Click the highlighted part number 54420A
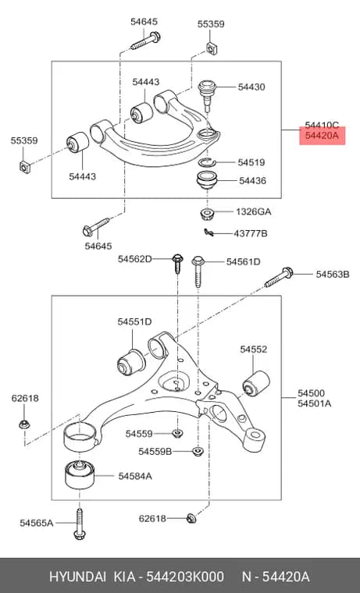click(x=322, y=135)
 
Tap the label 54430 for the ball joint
click(x=251, y=87)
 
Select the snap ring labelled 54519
click(x=207, y=162)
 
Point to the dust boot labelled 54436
click(x=207, y=181)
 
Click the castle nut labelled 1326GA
click(x=207, y=213)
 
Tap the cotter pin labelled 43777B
click(x=209, y=233)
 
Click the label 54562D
click(x=134, y=259)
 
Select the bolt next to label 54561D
click(x=198, y=272)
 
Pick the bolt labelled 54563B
click(x=279, y=277)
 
